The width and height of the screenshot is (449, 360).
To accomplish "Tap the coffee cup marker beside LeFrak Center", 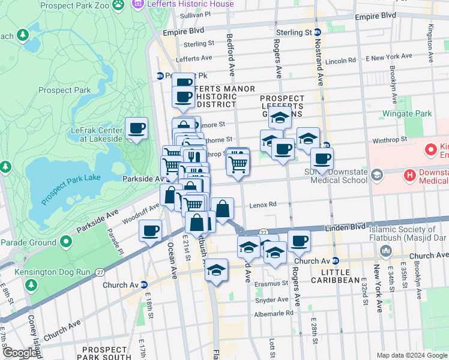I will coord(137,129).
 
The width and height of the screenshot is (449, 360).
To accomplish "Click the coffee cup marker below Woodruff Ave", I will coord(150,230).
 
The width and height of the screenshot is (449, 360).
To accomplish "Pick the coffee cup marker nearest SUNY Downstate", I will coord(322,159).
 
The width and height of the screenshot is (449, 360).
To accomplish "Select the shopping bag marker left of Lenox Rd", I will coord(222,209).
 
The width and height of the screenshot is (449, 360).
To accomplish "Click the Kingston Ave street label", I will coord(430,36).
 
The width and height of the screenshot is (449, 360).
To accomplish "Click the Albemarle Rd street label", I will coord(273,313).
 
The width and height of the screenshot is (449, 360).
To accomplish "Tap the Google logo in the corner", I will coord(19,353).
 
